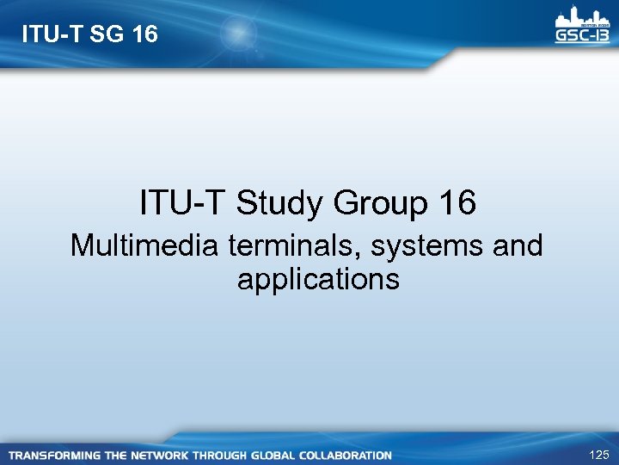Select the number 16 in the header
tap(143, 34)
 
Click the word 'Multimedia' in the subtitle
tap(145, 246)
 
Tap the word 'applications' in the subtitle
tap(317, 279)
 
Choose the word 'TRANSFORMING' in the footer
tap(53, 455)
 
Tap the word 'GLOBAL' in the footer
tap(274, 455)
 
